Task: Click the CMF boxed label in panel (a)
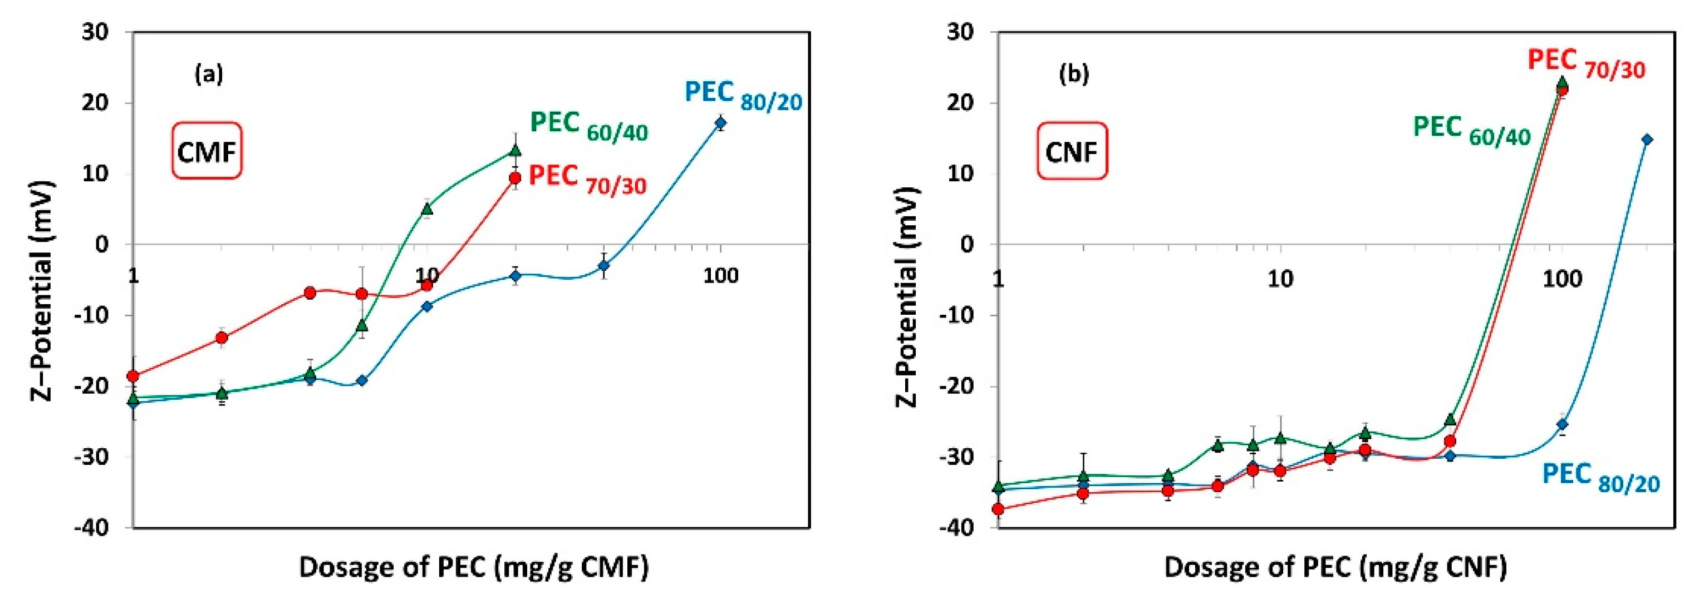coord(207,151)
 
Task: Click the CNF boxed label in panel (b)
coord(1072,151)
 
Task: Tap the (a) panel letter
coord(208,74)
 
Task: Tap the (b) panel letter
coord(1074,74)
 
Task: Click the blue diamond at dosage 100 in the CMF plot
coord(720,123)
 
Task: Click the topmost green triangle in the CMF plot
coord(515,151)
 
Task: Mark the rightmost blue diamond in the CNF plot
coord(1647,140)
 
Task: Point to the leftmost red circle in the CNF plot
coord(998,509)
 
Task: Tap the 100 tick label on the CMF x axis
coord(720,276)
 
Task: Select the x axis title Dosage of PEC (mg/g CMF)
coord(474,567)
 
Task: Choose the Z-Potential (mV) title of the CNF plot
coord(907,296)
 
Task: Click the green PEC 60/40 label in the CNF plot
coord(1472,130)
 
